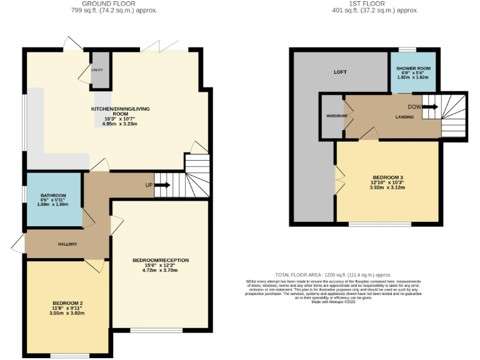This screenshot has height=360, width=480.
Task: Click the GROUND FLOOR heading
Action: pyautogui.click(x=114, y=3)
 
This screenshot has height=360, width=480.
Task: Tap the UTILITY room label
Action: pyautogui.click(x=97, y=70)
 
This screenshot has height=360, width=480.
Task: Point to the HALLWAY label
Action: pyautogui.click(x=67, y=244)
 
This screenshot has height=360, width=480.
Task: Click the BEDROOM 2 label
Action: pyautogui.click(x=68, y=302)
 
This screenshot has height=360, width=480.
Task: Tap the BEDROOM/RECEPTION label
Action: pyautogui.click(x=161, y=260)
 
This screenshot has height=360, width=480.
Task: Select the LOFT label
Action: pyautogui.click(x=340, y=72)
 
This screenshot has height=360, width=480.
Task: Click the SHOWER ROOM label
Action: pyautogui.click(x=411, y=68)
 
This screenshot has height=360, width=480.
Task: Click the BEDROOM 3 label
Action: pyautogui.click(x=387, y=177)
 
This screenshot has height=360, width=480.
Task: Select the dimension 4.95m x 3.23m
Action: pyautogui.click(x=119, y=124)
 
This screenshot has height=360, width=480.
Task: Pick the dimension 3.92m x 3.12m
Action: pyautogui.click(x=387, y=187)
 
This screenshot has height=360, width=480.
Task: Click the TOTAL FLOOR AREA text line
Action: pyautogui.click(x=333, y=274)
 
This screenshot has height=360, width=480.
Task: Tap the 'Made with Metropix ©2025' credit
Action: pyautogui.click(x=333, y=302)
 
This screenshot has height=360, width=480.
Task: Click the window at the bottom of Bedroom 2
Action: pyautogui.click(x=69, y=356)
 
